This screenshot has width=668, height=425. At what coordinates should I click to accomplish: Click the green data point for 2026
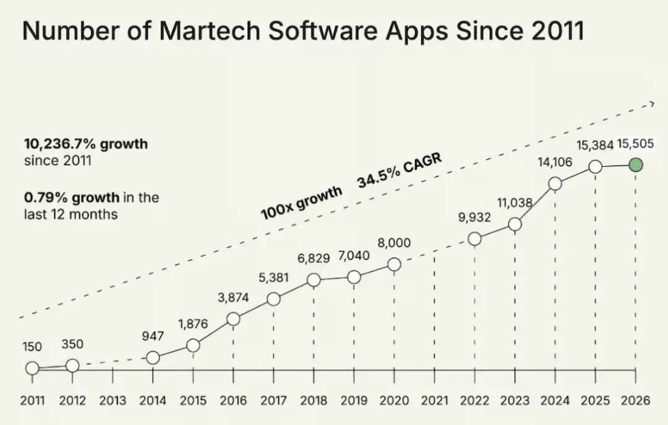pos(636,165)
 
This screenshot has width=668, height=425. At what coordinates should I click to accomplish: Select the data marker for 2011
pos(32,368)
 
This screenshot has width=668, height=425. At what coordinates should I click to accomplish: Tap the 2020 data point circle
pos(395,265)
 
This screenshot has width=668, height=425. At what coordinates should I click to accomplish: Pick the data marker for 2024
pos(555,183)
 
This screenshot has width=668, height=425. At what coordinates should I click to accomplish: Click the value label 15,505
pos(635,144)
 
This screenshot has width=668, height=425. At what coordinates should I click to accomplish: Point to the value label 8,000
pos(394,243)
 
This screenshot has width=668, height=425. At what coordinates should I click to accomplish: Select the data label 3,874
pos(233,297)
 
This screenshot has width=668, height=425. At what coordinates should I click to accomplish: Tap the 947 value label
pos(153,336)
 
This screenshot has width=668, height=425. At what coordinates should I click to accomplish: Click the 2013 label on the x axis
pos(113,401)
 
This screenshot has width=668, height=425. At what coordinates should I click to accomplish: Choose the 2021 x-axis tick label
pos(435,401)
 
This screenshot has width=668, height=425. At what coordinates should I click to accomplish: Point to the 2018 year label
pos(314,401)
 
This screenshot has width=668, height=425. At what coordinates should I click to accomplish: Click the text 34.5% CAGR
pos(399,170)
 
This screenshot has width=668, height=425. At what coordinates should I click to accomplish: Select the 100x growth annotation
pos(302,203)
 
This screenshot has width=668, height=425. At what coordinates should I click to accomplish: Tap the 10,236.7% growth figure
pos(86,144)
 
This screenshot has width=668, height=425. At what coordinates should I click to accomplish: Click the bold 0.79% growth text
pos(72,198)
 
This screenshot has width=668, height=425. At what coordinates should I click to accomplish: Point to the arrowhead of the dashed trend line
pos(652,103)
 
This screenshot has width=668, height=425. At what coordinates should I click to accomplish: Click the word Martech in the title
pos(209,31)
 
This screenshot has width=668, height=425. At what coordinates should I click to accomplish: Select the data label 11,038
pos(515,203)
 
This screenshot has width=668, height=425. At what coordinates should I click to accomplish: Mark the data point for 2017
pos(273,299)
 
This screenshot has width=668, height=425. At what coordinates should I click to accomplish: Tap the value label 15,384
pos(595,145)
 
